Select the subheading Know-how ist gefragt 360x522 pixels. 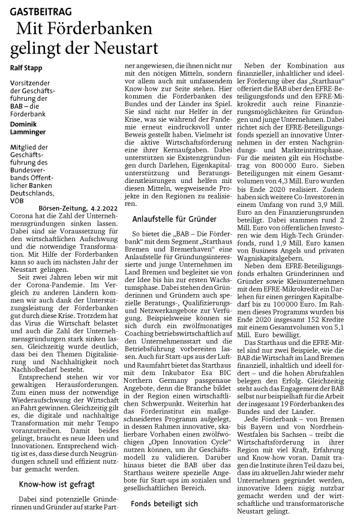point(56,466)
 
